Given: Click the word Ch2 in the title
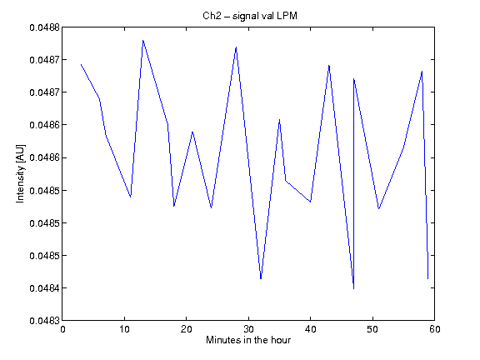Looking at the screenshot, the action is click(212, 16).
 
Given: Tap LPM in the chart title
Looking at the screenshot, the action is click(287, 16).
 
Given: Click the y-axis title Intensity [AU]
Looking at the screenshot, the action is click(21, 173).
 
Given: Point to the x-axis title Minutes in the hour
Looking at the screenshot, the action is click(248, 340).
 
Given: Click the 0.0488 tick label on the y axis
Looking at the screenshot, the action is click(44, 27).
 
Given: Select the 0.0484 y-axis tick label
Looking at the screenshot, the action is click(44, 288).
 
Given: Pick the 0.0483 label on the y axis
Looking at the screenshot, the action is click(44, 321).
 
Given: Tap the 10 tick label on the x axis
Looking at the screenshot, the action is click(125, 329).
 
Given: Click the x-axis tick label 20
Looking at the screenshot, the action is click(187, 329).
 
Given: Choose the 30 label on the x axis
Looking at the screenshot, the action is click(248, 329).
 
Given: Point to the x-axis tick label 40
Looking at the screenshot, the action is click(310, 329).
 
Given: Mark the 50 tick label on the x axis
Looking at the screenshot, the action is click(372, 329).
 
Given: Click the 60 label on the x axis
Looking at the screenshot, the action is click(435, 329).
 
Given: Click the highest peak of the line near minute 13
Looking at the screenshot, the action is click(143, 40).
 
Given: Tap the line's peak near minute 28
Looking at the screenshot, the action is click(236, 47).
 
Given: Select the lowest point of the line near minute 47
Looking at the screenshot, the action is click(353, 288).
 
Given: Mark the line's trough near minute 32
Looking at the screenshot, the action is click(261, 278).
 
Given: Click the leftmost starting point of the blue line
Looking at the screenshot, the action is click(81, 65).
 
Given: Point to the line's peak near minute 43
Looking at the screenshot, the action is click(329, 66).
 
